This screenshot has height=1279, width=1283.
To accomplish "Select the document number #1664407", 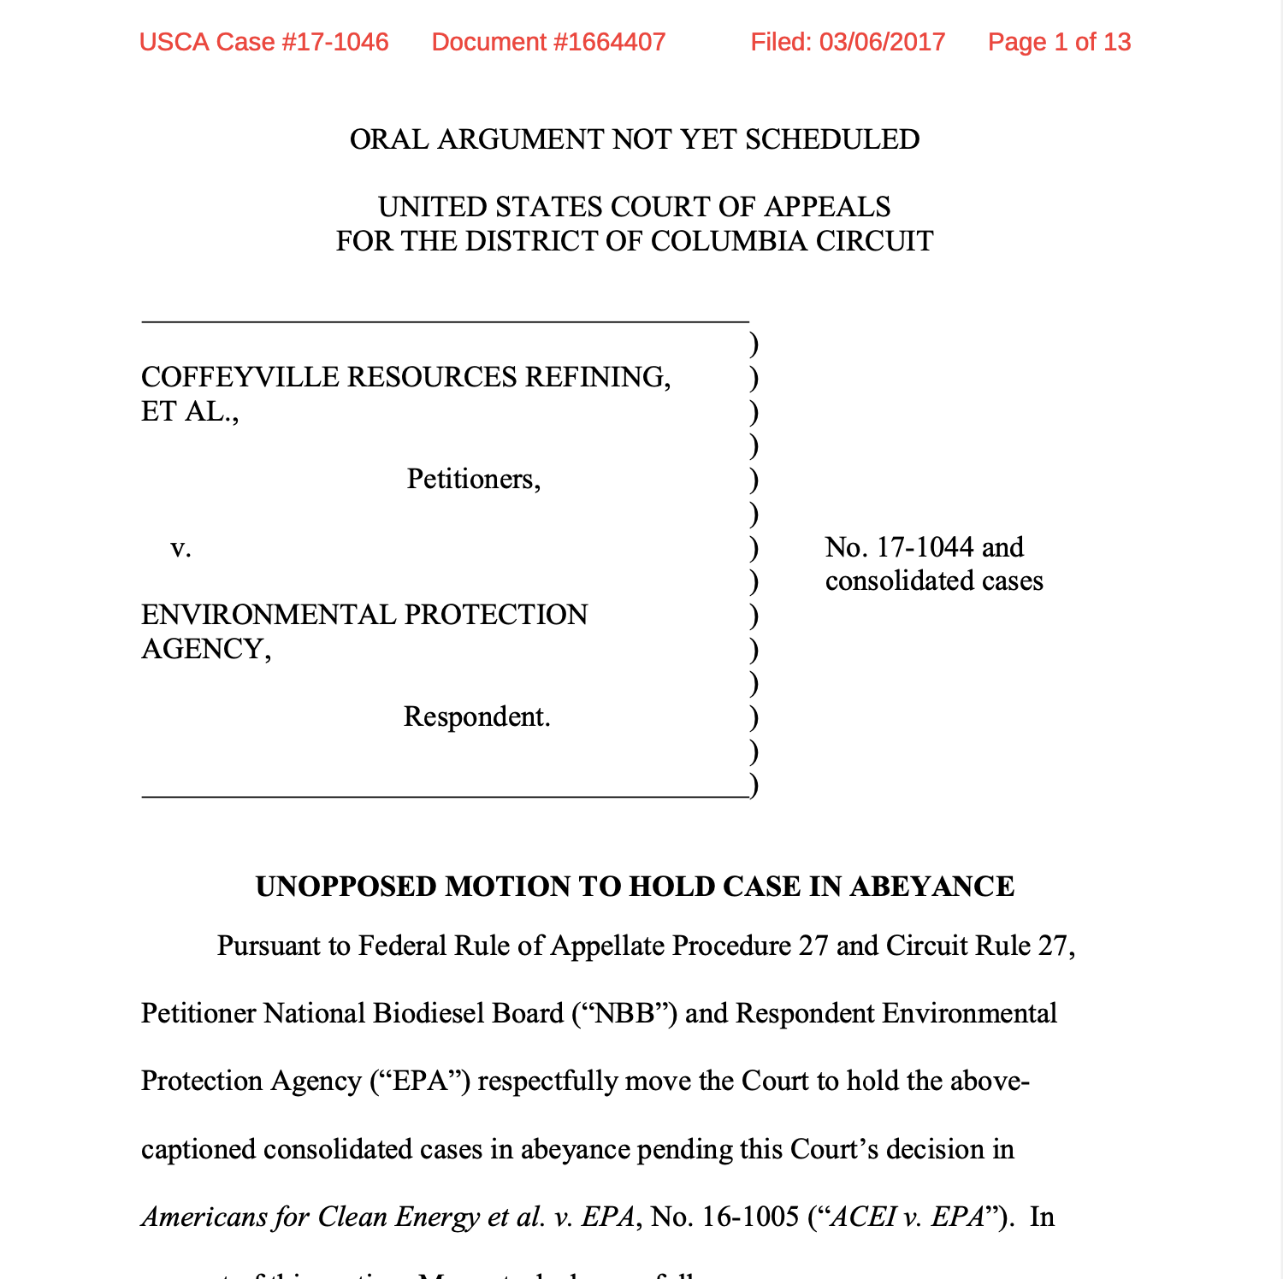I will pos(607,42).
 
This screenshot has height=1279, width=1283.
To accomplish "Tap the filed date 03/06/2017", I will pos(882,42).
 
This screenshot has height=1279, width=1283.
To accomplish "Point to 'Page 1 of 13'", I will pos(1059,42).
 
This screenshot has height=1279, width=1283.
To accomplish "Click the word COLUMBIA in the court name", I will pos(729,241).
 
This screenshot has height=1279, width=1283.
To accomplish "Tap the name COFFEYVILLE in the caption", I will pos(240,377).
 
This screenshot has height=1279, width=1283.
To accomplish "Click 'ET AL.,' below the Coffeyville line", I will pos(190,411).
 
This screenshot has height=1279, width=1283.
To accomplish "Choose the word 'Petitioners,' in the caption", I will pos(474,479).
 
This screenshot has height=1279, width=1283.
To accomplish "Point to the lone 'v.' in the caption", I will pos(180,547).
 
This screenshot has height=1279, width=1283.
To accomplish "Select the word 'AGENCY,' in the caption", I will pos(206,649).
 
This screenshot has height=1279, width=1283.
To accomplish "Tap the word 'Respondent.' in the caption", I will pos(476,716).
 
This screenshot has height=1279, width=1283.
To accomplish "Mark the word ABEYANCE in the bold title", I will pos(932,887).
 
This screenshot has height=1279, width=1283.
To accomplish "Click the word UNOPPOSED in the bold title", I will pos(346,887).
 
